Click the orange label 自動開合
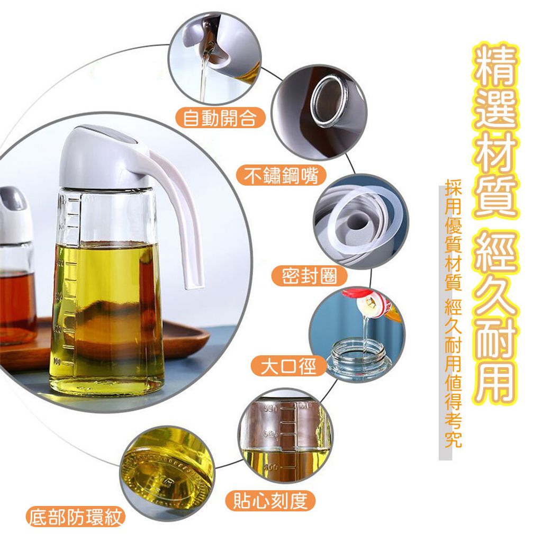(x=220, y=118)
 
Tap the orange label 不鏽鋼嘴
(x=281, y=176)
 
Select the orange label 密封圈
(x=309, y=276)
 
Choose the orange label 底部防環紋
(x=75, y=518)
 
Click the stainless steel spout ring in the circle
(x=328, y=102)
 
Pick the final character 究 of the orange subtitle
(x=453, y=439)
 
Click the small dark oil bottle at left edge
(x=15, y=266)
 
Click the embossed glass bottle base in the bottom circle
(x=168, y=474)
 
